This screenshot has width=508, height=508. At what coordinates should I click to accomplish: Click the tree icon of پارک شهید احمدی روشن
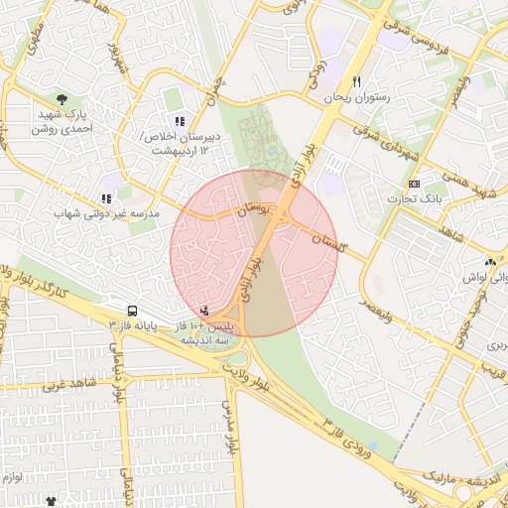point(63,99)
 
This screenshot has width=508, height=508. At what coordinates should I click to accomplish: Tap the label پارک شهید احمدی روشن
point(63,122)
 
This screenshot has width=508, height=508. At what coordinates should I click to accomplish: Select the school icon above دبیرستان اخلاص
point(180,121)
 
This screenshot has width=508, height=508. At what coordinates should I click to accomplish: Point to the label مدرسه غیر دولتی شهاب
point(107,212)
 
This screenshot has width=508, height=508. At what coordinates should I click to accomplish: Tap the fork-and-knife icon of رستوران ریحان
point(357,82)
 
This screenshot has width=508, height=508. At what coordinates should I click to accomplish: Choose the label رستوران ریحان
point(357,99)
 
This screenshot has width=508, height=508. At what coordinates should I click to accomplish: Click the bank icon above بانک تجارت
point(414,185)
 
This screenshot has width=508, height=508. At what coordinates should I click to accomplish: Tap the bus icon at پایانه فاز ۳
point(132,311)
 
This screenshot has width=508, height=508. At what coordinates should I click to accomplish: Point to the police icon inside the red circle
point(204,312)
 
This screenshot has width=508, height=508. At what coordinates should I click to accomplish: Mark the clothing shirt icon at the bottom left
point(51,502)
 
